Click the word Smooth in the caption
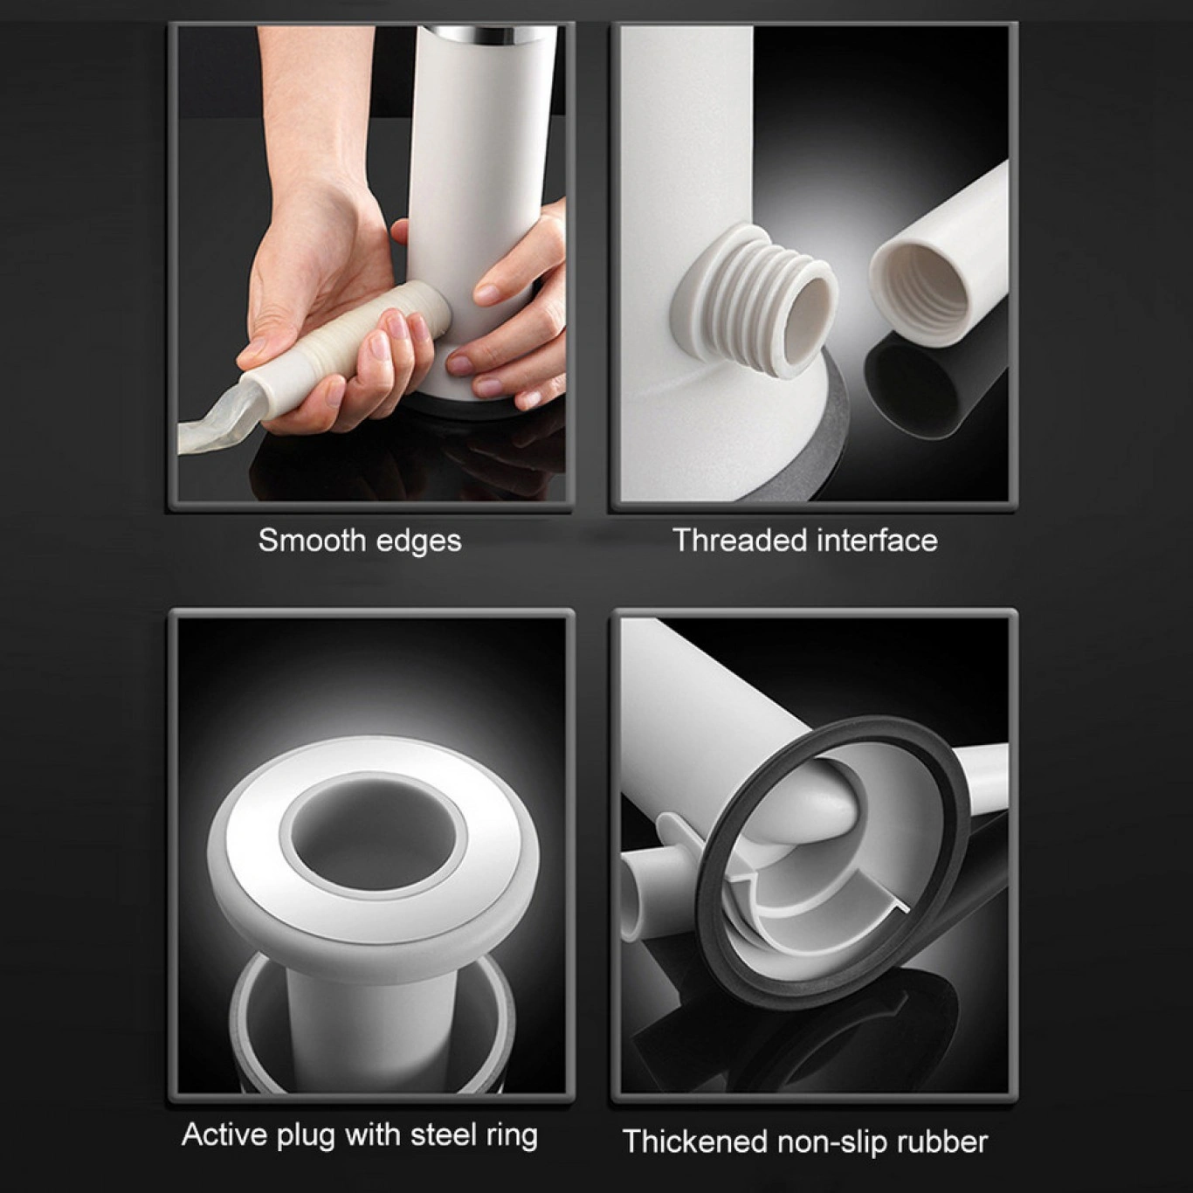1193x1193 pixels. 312,541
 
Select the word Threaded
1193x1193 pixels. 738,540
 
